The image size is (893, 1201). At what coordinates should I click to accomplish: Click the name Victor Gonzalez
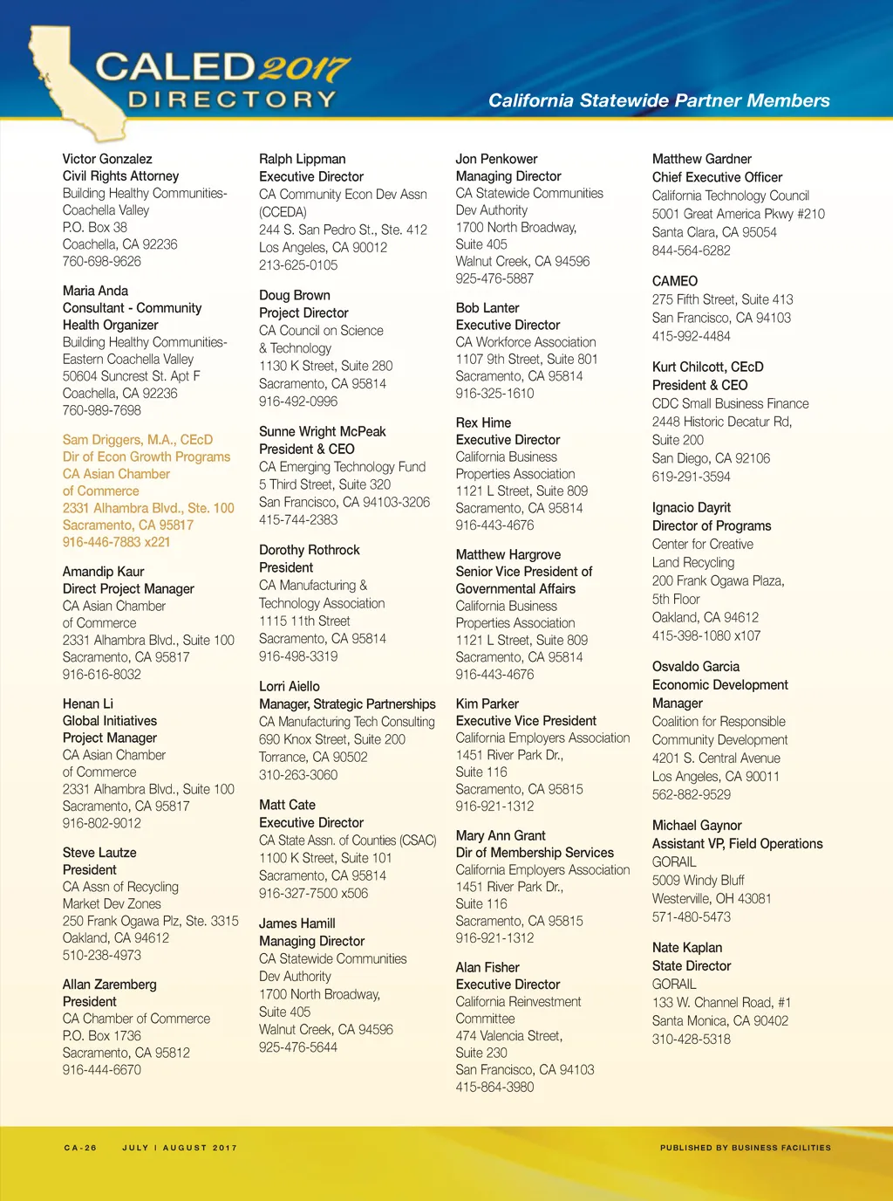[x=107, y=159]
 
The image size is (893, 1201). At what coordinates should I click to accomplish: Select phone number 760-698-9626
[x=101, y=261]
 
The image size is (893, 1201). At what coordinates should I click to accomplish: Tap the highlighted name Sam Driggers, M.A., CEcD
[x=138, y=440]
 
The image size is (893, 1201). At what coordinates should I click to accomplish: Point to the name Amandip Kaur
[x=103, y=572]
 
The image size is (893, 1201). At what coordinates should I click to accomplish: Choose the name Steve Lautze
[x=99, y=853]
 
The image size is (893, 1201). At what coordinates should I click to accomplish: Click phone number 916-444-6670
[x=101, y=1069]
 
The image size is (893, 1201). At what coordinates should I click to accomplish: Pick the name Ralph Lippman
[x=302, y=159]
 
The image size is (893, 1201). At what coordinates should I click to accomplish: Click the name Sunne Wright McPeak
[x=322, y=431]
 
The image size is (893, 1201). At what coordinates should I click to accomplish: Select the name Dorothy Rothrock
[x=309, y=550]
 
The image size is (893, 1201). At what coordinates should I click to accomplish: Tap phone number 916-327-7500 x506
[x=313, y=893]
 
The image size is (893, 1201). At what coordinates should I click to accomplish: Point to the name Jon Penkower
[x=496, y=159]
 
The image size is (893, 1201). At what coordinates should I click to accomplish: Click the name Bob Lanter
[x=487, y=308]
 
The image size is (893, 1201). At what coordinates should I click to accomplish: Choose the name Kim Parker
[x=487, y=703]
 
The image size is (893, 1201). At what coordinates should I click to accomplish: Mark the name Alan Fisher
[x=487, y=967]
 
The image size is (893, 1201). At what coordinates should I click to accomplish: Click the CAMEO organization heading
[x=675, y=281]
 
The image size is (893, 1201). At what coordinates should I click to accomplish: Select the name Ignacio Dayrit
[x=692, y=508]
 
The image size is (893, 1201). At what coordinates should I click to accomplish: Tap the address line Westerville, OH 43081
[x=712, y=898]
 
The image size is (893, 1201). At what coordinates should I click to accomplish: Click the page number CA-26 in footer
[x=80, y=1148]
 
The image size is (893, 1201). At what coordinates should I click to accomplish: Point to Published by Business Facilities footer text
[x=745, y=1148]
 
